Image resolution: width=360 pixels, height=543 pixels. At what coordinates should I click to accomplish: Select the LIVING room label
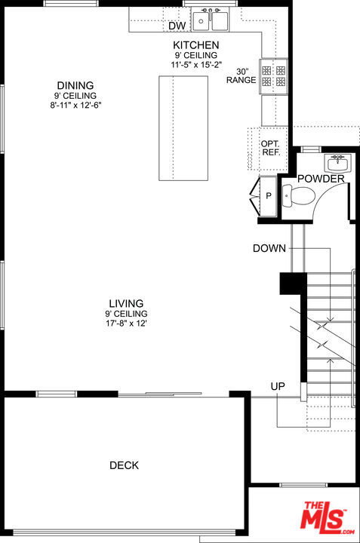[126, 303]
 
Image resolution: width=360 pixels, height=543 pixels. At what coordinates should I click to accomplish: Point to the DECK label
[124, 465]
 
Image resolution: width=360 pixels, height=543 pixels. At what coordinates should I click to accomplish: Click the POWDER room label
[321, 179]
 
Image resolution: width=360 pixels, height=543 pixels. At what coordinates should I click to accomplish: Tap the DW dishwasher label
[177, 26]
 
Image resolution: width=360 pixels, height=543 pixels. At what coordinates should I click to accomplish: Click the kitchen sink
[211, 18]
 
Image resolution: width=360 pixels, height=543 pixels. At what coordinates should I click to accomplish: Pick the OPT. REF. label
[270, 148]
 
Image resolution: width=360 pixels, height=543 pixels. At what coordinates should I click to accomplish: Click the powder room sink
[337, 162]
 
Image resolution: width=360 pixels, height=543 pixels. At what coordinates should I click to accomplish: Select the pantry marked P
[268, 196]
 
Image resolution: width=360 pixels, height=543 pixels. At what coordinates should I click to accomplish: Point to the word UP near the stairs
[278, 386]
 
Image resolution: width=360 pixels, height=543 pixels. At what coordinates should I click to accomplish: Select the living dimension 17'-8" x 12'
[126, 324]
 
